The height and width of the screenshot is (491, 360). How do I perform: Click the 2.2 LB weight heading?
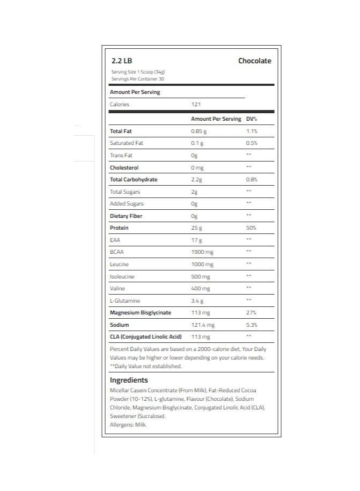click(121, 61)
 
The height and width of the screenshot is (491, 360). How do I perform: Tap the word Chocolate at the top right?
click(254, 61)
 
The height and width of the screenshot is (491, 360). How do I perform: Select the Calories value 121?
click(196, 104)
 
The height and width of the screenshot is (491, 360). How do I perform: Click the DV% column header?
click(252, 119)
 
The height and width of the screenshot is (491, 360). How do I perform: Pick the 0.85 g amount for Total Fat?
click(199, 131)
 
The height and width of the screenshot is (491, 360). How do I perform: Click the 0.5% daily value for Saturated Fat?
click(251, 143)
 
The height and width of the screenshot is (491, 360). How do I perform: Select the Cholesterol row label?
click(124, 167)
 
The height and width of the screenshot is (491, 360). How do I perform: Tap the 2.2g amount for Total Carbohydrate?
click(197, 180)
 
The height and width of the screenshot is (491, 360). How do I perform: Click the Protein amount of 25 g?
click(197, 228)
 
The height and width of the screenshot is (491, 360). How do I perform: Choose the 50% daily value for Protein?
click(251, 228)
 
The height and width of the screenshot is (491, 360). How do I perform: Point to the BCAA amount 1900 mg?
click(202, 252)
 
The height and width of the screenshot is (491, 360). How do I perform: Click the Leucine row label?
click(119, 265)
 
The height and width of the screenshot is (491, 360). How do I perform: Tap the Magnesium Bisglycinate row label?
click(140, 313)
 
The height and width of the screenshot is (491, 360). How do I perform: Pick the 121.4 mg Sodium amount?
click(203, 325)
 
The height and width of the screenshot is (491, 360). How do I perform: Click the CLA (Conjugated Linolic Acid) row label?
click(145, 337)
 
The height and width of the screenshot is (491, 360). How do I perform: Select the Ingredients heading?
click(129, 380)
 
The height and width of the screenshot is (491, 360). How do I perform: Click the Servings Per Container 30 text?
click(137, 79)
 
